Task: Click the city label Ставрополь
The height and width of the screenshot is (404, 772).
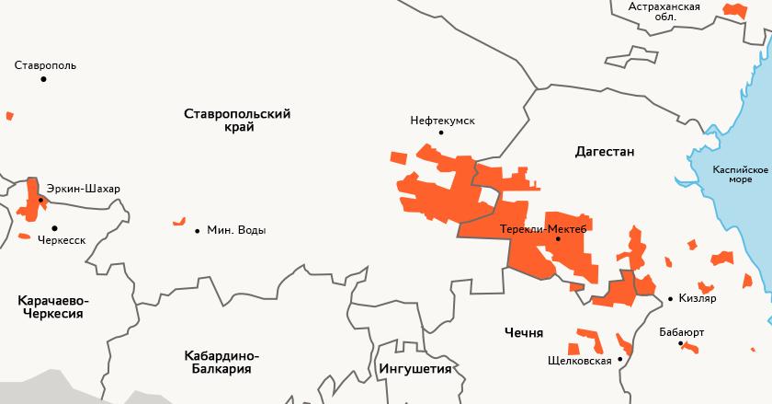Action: coord(46,65)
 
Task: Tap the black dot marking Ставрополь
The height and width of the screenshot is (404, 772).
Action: coord(43,80)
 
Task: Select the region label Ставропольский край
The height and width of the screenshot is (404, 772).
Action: coord(237,121)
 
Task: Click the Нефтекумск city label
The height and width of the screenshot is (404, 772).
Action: coord(442,120)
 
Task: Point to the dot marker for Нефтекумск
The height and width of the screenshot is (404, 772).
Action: coord(441,133)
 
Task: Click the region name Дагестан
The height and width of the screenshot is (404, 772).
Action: coord(605,151)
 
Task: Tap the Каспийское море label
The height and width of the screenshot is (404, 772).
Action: coord(740,175)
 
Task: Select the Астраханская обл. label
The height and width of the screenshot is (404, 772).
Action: coord(664,11)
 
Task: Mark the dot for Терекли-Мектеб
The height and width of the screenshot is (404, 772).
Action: coord(558,239)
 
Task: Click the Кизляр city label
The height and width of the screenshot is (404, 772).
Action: coord(698,298)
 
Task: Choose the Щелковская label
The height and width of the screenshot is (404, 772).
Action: coord(579,361)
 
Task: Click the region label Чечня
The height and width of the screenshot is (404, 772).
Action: coord(524,332)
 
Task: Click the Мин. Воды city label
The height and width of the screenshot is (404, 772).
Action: coord(236,230)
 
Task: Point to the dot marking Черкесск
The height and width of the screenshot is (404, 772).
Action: coord(54,227)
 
